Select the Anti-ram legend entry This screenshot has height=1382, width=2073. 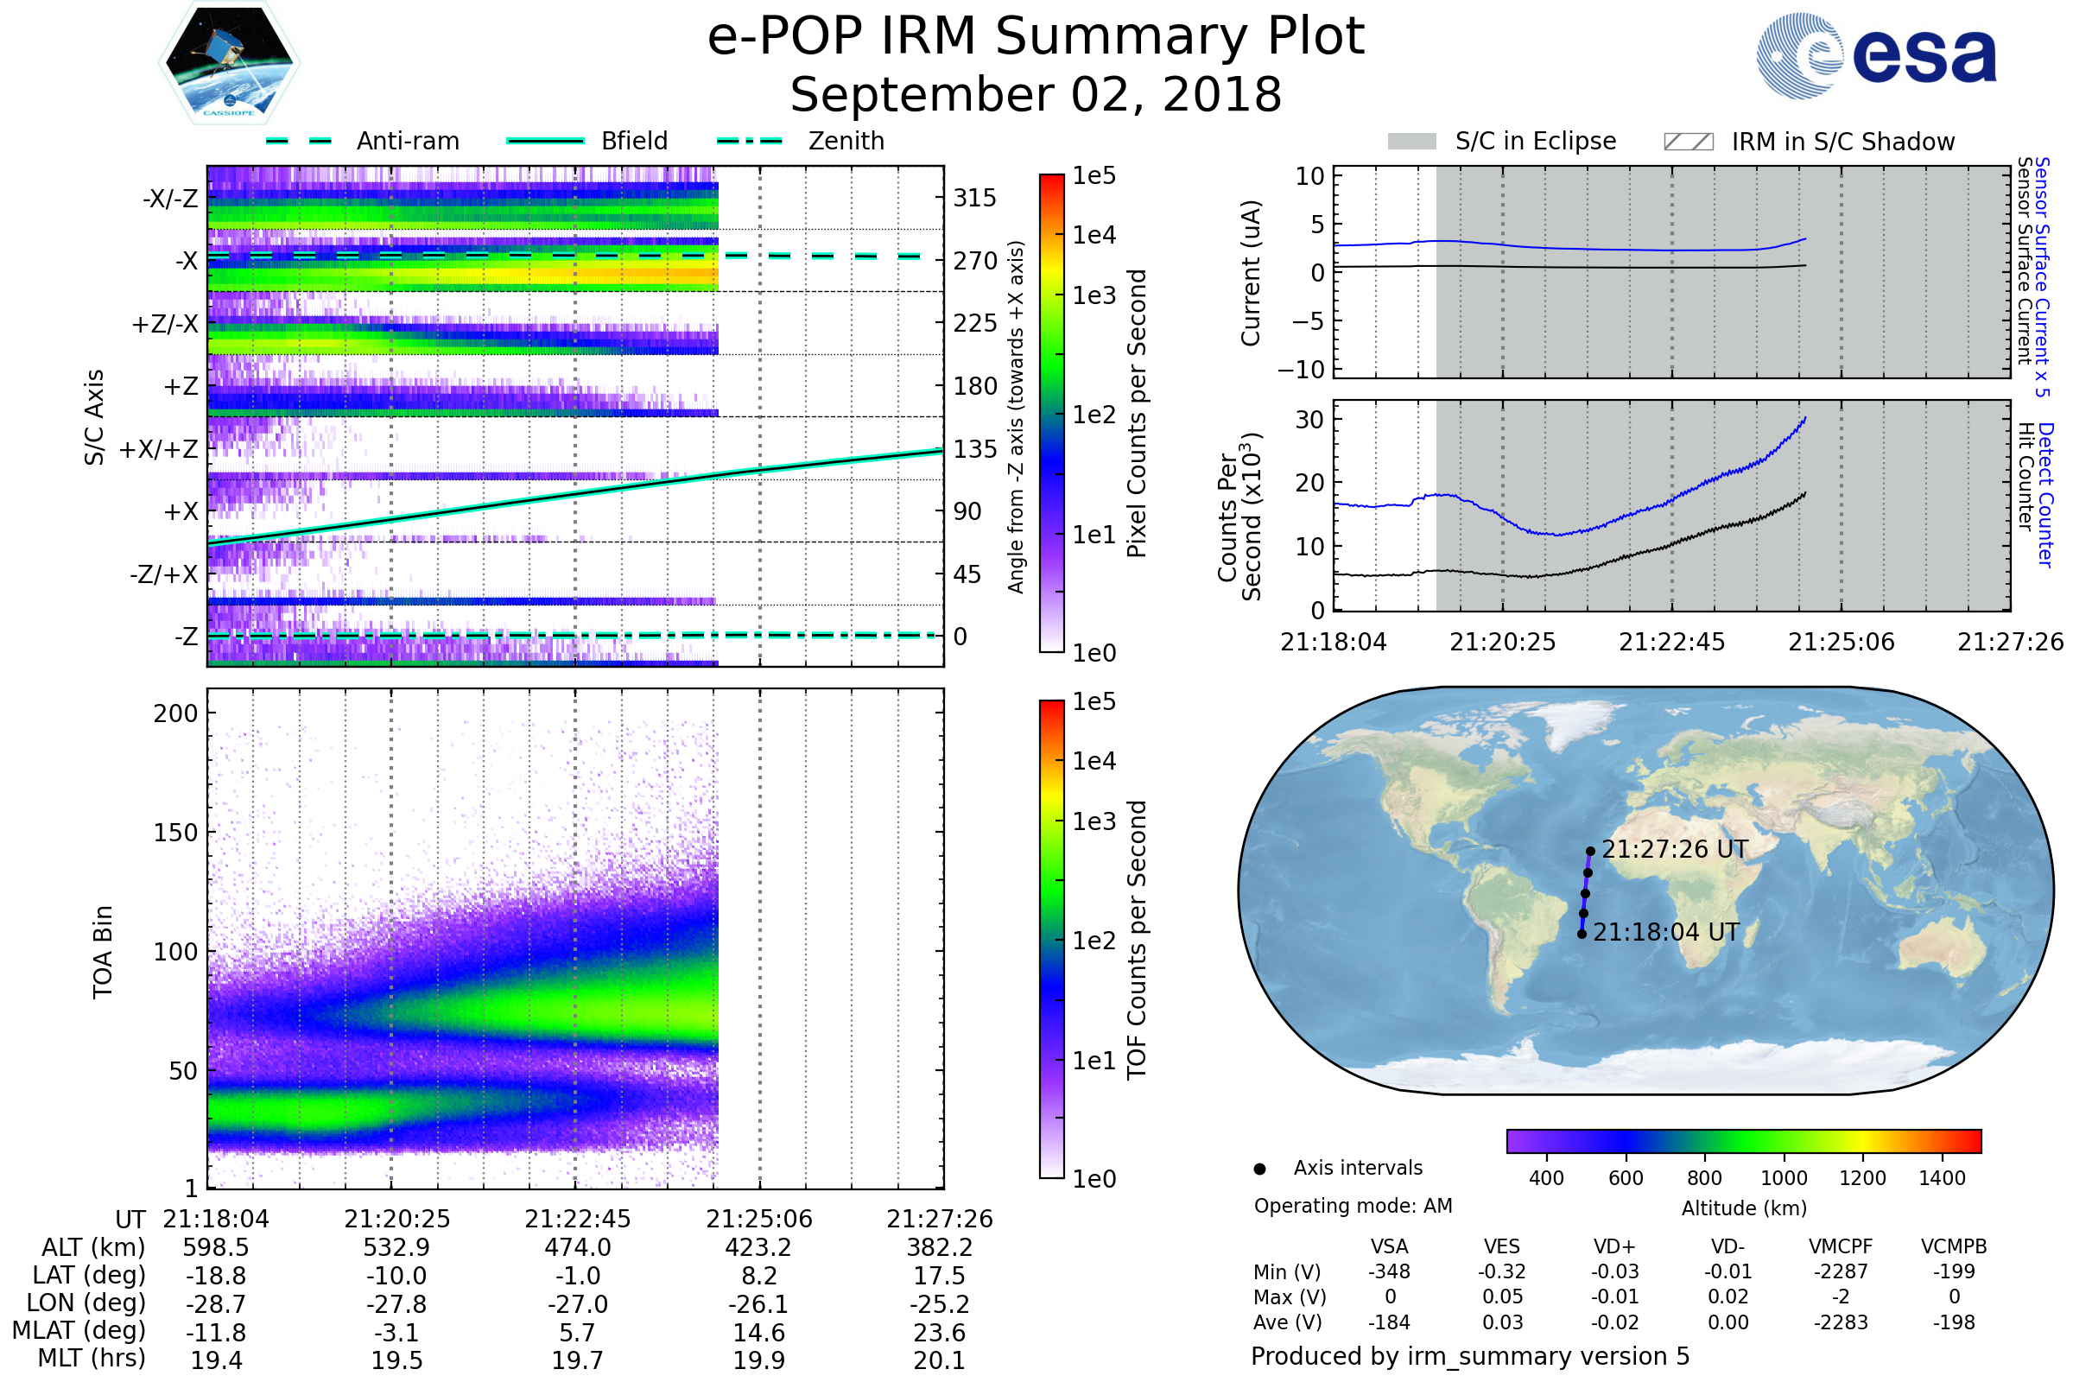click(x=407, y=141)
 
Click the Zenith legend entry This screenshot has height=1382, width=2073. click(x=846, y=141)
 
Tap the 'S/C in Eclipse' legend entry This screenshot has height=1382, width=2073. click(x=1535, y=141)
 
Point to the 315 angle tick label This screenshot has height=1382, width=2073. click(x=974, y=199)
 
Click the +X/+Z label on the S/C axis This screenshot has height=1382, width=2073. click(x=159, y=449)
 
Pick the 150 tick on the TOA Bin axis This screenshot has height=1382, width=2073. click(x=175, y=833)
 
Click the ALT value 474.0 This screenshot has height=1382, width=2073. click(x=577, y=1248)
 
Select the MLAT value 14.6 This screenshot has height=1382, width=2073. click(x=759, y=1333)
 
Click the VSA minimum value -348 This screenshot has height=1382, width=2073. click(x=1389, y=1271)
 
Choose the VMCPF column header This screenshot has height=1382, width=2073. click(x=1841, y=1246)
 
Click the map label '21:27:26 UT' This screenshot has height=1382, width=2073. click(x=1675, y=850)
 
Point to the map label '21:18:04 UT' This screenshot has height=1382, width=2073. click(x=1666, y=933)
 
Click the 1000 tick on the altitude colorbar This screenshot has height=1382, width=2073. click(x=1784, y=1178)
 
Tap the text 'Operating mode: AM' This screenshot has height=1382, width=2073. click(x=1353, y=1206)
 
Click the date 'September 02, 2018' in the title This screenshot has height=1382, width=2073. click(x=1036, y=95)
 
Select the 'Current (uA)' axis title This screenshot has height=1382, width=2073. click(x=1251, y=273)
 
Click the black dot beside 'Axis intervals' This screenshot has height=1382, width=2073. click(x=1259, y=1169)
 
